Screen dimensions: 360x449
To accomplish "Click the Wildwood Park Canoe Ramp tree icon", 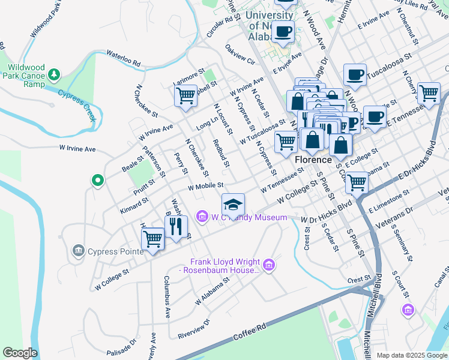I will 55,74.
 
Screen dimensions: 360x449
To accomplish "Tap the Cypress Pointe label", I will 116,251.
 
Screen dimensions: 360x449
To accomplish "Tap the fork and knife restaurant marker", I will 176,227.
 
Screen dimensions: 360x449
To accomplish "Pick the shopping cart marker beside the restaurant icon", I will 153,239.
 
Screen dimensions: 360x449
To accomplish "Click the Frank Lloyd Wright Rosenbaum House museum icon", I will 269,263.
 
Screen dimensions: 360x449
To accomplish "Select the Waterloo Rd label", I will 123,58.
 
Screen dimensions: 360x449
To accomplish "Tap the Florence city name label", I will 313,160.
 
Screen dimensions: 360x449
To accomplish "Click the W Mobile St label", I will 205,186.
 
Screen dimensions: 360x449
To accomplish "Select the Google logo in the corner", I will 20,353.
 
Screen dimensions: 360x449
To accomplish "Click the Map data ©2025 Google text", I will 412,355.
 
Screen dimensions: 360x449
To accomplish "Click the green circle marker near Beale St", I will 97,179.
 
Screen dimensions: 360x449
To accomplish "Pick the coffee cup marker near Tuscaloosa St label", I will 355,74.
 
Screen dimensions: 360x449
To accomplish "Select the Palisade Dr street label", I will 122,347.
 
